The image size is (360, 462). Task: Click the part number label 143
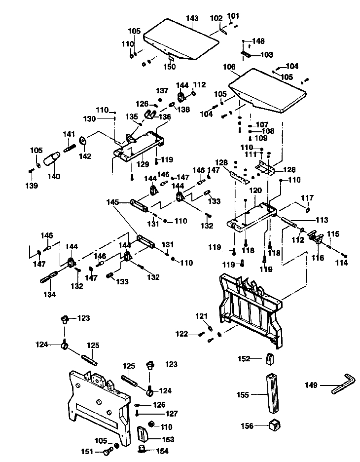[192, 18]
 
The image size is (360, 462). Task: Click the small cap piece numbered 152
[269, 358]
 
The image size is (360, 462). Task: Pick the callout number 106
[229, 67]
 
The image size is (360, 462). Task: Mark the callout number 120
[255, 190]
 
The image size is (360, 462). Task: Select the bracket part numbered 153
[143, 435]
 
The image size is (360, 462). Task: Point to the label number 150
[170, 67]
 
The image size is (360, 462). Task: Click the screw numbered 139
[31, 171]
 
